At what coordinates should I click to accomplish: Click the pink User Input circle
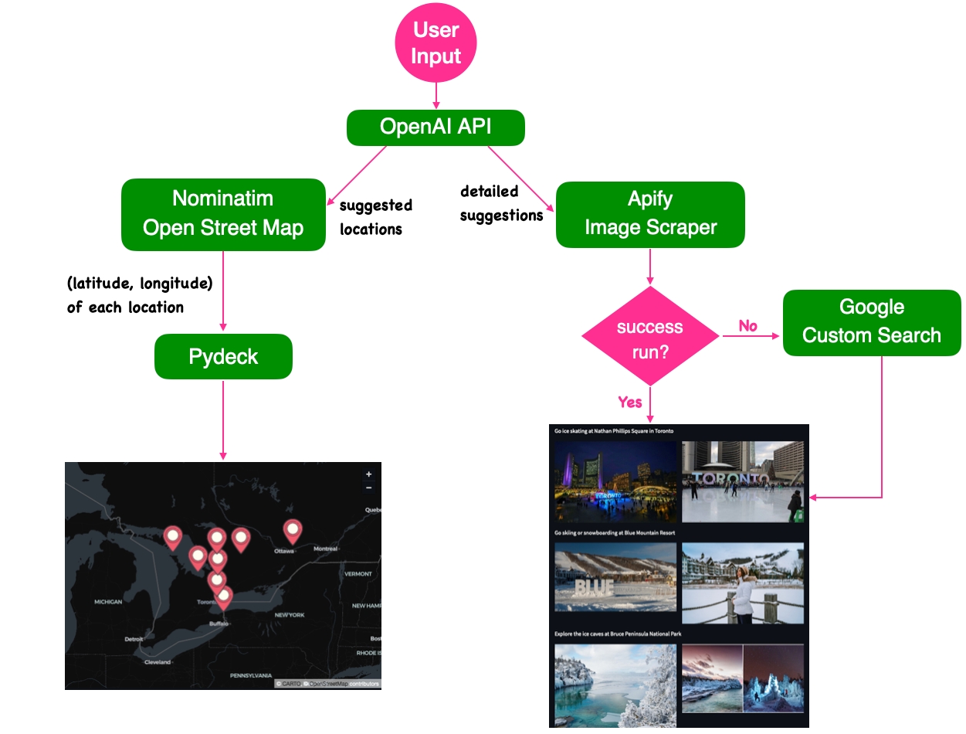coord(436,43)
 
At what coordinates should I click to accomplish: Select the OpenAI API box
coord(436,127)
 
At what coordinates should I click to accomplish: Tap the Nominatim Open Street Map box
coord(223,214)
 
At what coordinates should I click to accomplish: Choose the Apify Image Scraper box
coord(650,214)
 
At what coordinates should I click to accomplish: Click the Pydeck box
coord(223,356)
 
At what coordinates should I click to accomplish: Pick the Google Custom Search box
coord(872,322)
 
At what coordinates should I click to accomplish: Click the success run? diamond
coord(650,336)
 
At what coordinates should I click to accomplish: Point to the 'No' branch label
coord(747,326)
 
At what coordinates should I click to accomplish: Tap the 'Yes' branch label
coord(630,402)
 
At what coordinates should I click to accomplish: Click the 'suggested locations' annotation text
coord(376,217)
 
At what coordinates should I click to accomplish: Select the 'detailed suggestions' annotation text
coord(500,203)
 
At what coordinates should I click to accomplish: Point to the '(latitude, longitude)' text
coord(140,284)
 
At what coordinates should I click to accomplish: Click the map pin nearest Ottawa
coord(292,531)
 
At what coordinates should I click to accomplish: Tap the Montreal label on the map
coord(325,549)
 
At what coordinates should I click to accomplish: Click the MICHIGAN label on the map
coord(108,601)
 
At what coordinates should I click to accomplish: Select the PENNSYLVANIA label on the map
coord(251,675)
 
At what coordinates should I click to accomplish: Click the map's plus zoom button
coord(368,474)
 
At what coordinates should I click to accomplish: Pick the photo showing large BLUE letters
coord(615,577)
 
